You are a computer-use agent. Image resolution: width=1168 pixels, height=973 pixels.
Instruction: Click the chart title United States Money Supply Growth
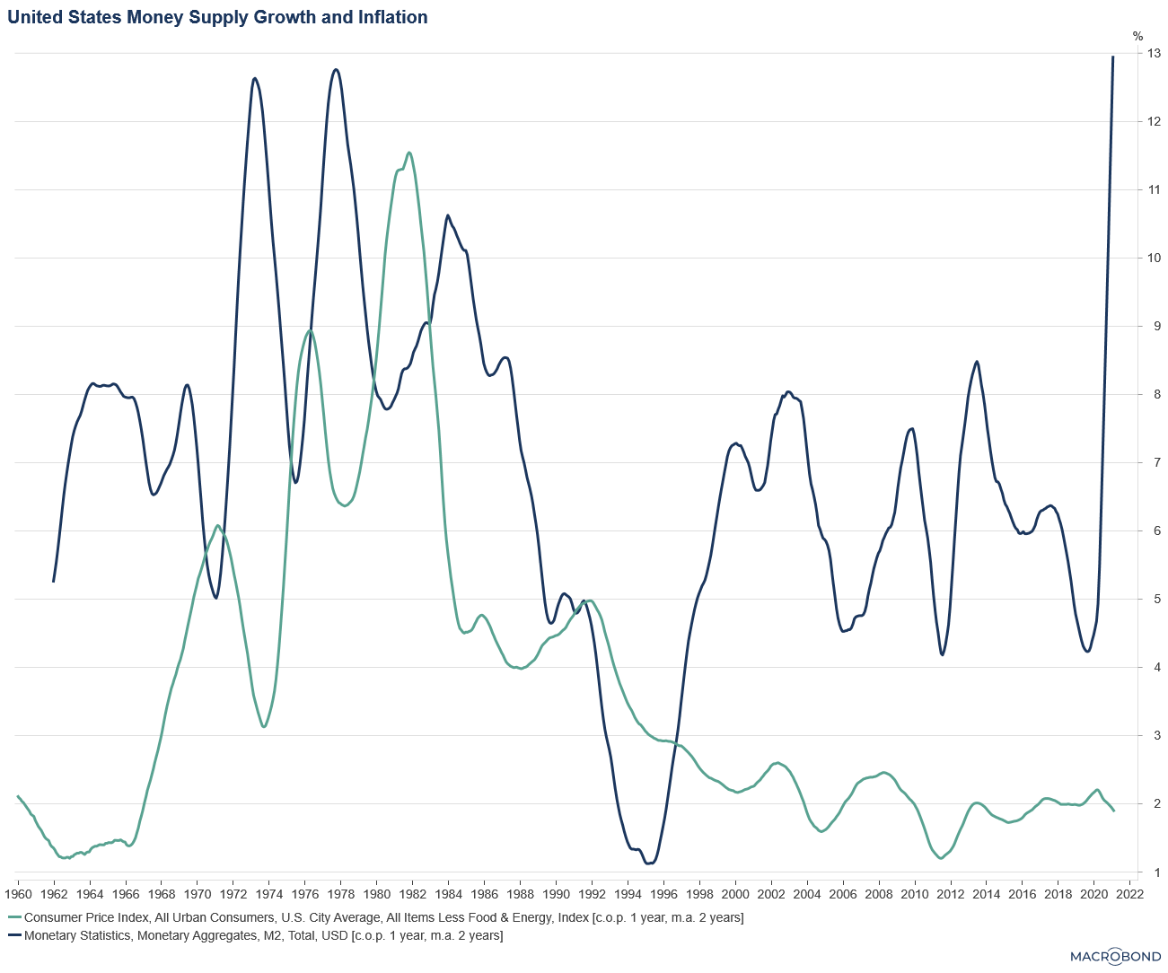click(x=217, y=17)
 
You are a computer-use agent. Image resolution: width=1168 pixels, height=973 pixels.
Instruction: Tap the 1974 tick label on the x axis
click(x=268, y=894)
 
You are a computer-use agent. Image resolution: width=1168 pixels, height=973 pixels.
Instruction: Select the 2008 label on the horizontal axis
click(x=878, y=894)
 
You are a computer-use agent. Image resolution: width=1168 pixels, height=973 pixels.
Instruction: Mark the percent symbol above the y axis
click(x=1138, y=37)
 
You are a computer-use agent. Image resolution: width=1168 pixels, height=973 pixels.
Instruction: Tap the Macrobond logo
click(x=1116, y=956)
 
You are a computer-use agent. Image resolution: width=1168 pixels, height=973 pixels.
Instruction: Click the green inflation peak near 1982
click(x=409, y=153)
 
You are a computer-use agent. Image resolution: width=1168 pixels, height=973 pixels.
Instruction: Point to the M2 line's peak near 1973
click(x=255, y=78)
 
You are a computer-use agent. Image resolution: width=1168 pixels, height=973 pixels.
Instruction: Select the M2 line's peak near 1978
click(x=336, y=69)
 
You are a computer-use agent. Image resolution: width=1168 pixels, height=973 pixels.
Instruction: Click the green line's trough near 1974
click(x=263, y=726)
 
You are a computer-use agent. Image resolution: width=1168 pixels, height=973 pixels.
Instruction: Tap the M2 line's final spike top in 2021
click(x=1113, y=57)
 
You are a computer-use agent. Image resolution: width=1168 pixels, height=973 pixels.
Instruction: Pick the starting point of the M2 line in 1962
click(x=54, y=582)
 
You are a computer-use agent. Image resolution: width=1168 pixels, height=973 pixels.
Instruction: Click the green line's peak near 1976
click(x=310, y=330)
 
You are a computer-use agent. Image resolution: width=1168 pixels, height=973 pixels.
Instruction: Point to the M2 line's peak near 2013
click(x=977, y=362)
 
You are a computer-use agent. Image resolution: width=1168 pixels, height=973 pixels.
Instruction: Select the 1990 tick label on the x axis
click(x=556, y=894)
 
